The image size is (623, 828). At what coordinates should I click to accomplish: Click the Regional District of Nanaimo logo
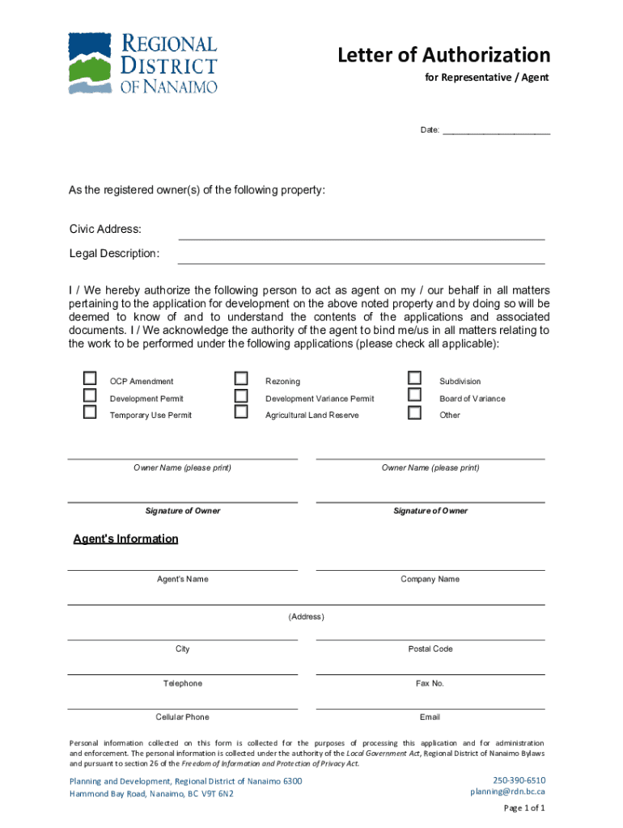(x=142, y=64)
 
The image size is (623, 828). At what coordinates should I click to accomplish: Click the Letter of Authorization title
(x=443, y=55)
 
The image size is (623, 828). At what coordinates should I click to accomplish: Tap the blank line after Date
(x=496, y=129)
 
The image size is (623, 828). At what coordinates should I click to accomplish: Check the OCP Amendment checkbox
(x=90, y=378)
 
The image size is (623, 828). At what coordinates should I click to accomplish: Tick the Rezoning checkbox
(x=241, y=378)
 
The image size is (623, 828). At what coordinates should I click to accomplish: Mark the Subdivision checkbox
(x=415, y=378)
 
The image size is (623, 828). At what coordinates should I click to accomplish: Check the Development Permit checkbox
(x=90, y=395)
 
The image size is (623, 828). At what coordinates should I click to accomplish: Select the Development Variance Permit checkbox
(x=241, y=395)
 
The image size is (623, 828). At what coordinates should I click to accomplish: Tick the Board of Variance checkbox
(x=415, y=395)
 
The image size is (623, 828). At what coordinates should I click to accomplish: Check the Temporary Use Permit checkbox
(x=90, y=412)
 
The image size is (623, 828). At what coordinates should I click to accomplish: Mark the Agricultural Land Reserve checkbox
(x=241, y=412)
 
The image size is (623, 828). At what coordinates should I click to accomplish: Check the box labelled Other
(x=415, y=412)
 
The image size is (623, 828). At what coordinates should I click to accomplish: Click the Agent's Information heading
(x=125, y=539)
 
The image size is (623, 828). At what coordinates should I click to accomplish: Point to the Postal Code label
(x=430, y=648)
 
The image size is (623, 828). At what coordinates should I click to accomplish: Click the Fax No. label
(x=430, y=683)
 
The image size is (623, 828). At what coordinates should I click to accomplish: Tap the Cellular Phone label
(x=182, y=717)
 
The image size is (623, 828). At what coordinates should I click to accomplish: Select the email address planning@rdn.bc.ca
(x=508, y=792)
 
